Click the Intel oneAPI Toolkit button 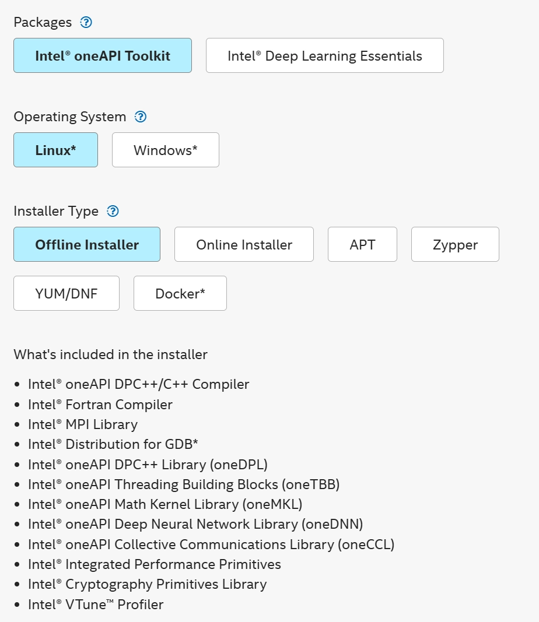103,55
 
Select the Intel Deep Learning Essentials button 325,55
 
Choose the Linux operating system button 55,150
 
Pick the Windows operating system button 166,150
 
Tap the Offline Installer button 87,244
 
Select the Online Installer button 244,244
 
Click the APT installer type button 362,244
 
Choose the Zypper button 455,244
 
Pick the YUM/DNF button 66,293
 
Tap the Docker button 180,293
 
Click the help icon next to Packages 86,22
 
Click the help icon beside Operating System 141,117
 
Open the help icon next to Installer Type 113,211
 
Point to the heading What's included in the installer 110,354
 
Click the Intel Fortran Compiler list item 100,405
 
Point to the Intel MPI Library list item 83,424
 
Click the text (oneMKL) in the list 272,504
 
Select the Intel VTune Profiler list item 96,605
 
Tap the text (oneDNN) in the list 332,524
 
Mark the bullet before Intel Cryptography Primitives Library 17,584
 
